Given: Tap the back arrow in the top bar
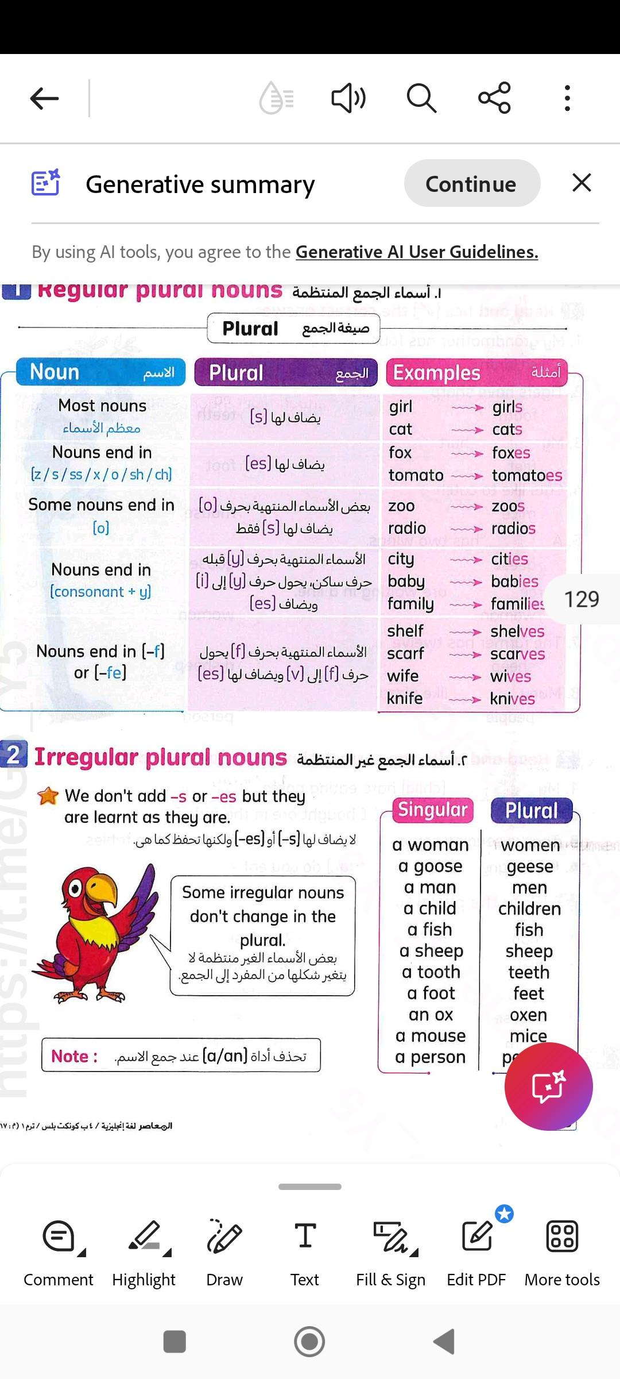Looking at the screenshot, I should click(45, 98).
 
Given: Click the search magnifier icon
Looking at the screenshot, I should click(421, 98).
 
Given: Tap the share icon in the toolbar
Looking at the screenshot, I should click(494, 98).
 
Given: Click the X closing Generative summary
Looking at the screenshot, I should click(582, 183).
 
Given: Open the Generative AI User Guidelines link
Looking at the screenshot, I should click(417, 252).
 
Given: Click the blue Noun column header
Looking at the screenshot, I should click(101, 372).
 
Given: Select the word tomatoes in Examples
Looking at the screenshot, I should click(526, 476).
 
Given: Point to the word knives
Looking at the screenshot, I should click(512, 699).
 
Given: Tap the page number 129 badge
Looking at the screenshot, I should click(581, 599).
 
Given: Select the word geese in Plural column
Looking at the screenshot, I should click(529, 866).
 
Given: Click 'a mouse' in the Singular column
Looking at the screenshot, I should click(430, 1036).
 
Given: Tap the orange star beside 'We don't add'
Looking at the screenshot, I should click(48, 796).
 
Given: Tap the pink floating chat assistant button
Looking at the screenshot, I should click(548, 1087).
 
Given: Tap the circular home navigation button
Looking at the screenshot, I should click(309, 1342).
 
